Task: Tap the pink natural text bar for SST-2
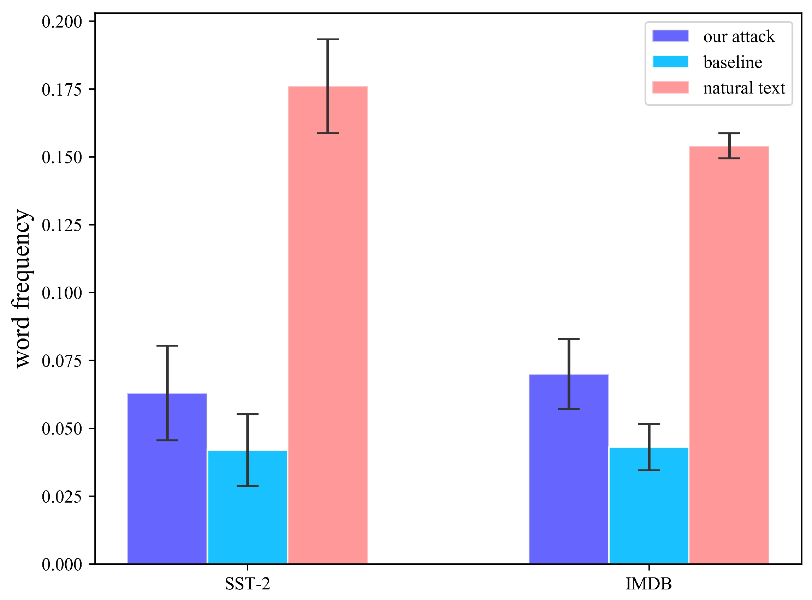click(x=328, y=327)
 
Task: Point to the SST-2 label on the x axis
click(x=247, y=584)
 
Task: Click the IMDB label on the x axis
click(x=649, y=584)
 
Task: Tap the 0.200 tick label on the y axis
click(x=62, y=22)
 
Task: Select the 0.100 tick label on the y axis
click(x=62, y=293)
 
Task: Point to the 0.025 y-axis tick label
click(x=62, y=497)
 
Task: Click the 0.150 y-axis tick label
click(x=62, y=157)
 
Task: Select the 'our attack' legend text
click(x=739, y=37)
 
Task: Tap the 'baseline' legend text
click(x=733, y=62)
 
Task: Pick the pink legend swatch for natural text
click(x=670, y=88)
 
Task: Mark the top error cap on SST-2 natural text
click(x=328, y=39)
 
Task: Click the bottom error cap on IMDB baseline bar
click(x=649, y=470)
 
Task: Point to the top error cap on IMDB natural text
click(x=729, y=133)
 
